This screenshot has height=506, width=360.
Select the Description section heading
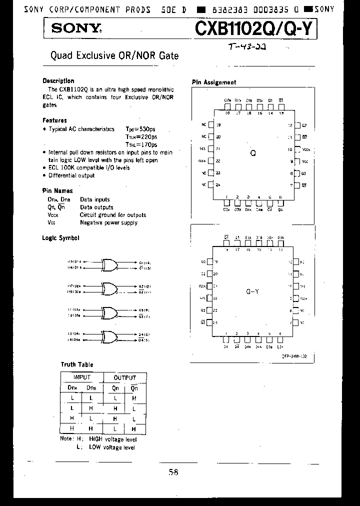tap(58, 81)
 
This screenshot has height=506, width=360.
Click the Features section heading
tap(54, 120)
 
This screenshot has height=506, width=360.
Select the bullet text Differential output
tap(71, 175)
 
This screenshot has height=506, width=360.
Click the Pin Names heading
tap(57, 190)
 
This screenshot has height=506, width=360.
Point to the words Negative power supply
tap(108, 222)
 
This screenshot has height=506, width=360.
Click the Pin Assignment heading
tap(214, 82)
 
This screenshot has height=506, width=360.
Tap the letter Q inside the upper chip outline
tap(253, 153)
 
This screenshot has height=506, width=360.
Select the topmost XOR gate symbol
tap(108, 264)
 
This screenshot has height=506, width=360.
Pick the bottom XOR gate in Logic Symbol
tap(108, 336)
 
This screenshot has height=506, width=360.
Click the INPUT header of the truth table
tap(82, 377)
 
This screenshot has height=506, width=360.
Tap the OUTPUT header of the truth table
tap(124, 377)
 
